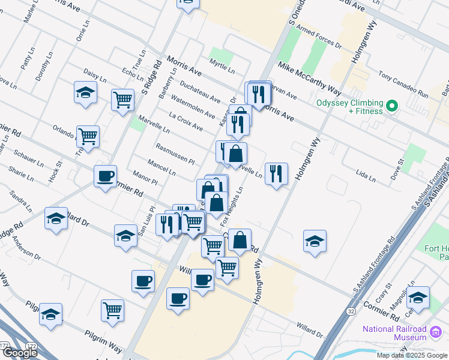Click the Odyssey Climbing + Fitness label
[x=351, y=107]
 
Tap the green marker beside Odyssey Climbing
[x=393, y=107]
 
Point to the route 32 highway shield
[x=350, y=312]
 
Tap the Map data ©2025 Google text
[x=411, y=355]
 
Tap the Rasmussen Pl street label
[x=175, y=154]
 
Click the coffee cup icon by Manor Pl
[x=106, y=176]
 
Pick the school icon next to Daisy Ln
[x=86, y=92]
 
